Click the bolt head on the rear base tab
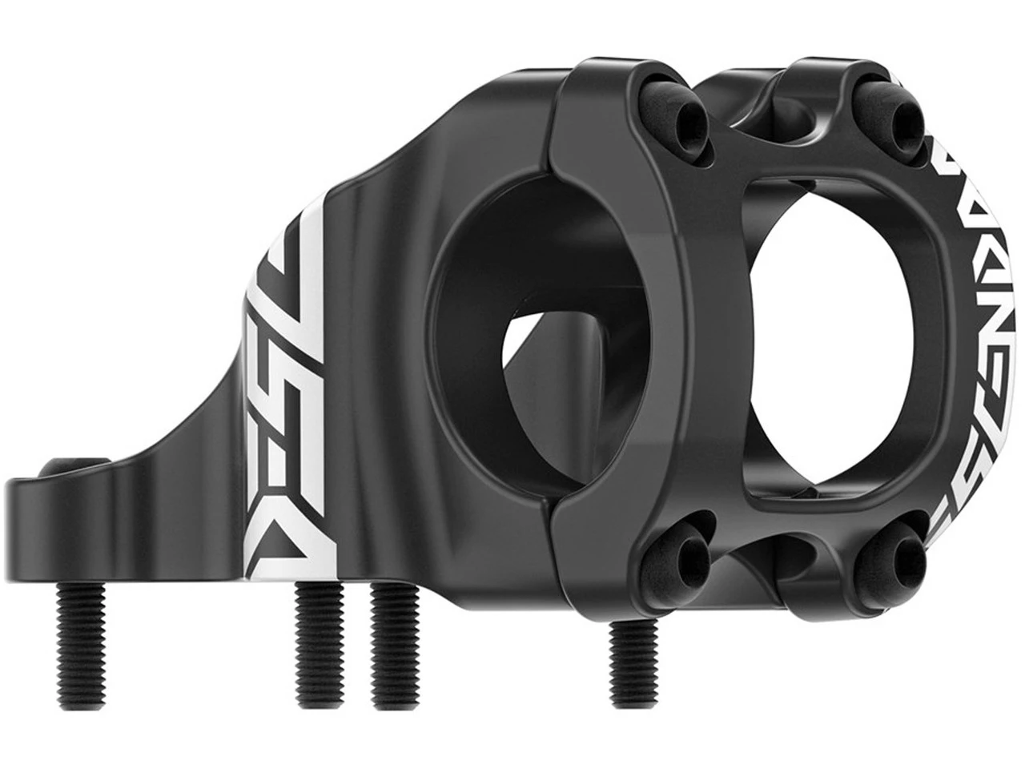pyautogui.click(x=80, y=462)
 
